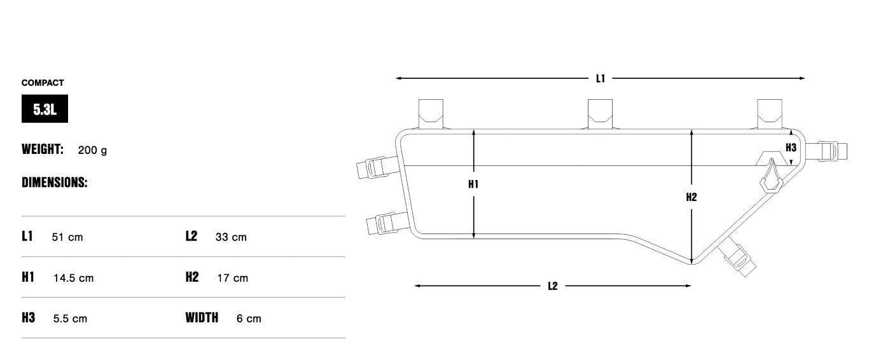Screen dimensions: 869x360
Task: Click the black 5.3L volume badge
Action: (45, 109)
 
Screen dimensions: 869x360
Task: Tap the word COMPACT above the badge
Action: (43, 83)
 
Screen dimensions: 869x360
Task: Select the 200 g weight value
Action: (92, 150)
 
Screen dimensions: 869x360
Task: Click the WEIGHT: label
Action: (43, 149)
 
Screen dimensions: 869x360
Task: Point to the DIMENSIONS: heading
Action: (55, 183)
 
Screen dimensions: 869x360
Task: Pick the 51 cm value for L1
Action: (67, 237)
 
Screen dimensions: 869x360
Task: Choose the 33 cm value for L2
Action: (231, 237)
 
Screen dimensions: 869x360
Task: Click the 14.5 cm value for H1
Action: (74, 278)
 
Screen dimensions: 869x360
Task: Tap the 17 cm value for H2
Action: (233, 278)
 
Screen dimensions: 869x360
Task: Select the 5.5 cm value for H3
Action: (70, 319)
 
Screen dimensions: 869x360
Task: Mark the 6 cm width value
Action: (249, 319)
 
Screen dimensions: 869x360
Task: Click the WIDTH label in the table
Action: (202, 317)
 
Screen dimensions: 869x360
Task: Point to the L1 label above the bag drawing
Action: (601, 79)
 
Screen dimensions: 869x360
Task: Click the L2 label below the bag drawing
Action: (552, 286)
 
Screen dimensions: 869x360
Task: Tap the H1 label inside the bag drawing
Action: (473, 184)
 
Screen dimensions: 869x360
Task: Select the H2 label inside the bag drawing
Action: (692, 197)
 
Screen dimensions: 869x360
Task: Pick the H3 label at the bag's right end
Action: (791, 148)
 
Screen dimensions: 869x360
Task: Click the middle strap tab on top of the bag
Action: (600, 114)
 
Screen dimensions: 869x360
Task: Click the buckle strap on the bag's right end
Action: (826, 151)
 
